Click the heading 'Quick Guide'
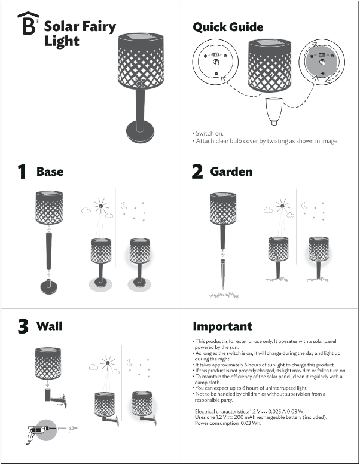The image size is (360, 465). (228, 27)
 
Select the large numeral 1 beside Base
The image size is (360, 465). (22, 172)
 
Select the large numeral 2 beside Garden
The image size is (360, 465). (197, 172)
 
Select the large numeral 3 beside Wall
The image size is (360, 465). (23, 327)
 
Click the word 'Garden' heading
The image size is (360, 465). (231, 172)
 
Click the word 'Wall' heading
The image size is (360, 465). (49, 326)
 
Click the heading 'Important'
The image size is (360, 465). (222, 326)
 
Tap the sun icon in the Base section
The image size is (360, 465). (101, 207)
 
